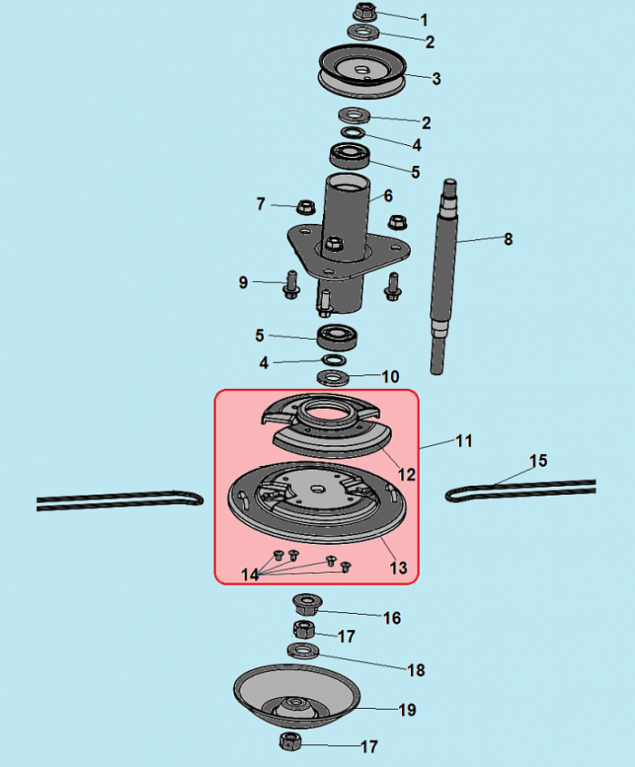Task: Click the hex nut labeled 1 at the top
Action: coord(365,12)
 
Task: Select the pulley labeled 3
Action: coord(362,72)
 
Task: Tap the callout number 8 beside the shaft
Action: coord(508,239)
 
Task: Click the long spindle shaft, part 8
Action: coord(444,277)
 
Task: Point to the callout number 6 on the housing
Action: coord(388,196)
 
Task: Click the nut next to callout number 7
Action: coord(306,207)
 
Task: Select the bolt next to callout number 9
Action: coord(291,285)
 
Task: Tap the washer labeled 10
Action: coord(333,377)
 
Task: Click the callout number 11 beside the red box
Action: coord(464,441)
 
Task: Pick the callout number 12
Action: coord(406,474)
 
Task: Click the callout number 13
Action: coord(398,568)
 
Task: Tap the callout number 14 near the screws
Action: coord(250,575)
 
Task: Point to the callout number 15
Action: coord(538,461)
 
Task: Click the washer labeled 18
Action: coord(303,651)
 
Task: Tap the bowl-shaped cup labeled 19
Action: coord(297,695)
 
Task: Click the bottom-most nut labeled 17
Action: coord(289,741)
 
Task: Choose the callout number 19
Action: coord(407,710)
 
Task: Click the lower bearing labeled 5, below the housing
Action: coord(337,337)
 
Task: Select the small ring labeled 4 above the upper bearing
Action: coord(353,132)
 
